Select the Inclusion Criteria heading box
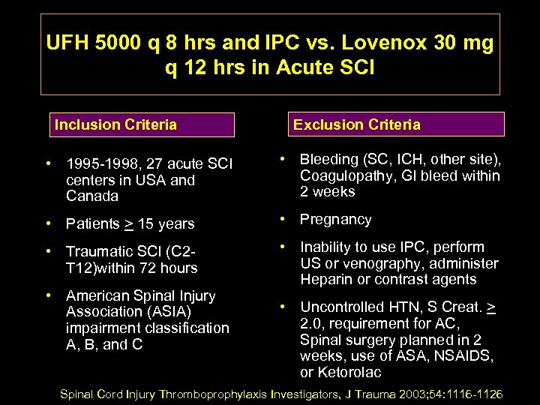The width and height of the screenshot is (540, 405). click(142, 124)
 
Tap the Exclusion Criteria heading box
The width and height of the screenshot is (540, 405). click(397, 124)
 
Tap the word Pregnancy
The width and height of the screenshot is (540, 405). click(336, 220)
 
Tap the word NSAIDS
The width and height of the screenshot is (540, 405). click(465, 356)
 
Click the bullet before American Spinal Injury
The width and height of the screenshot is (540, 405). click(48, 295)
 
